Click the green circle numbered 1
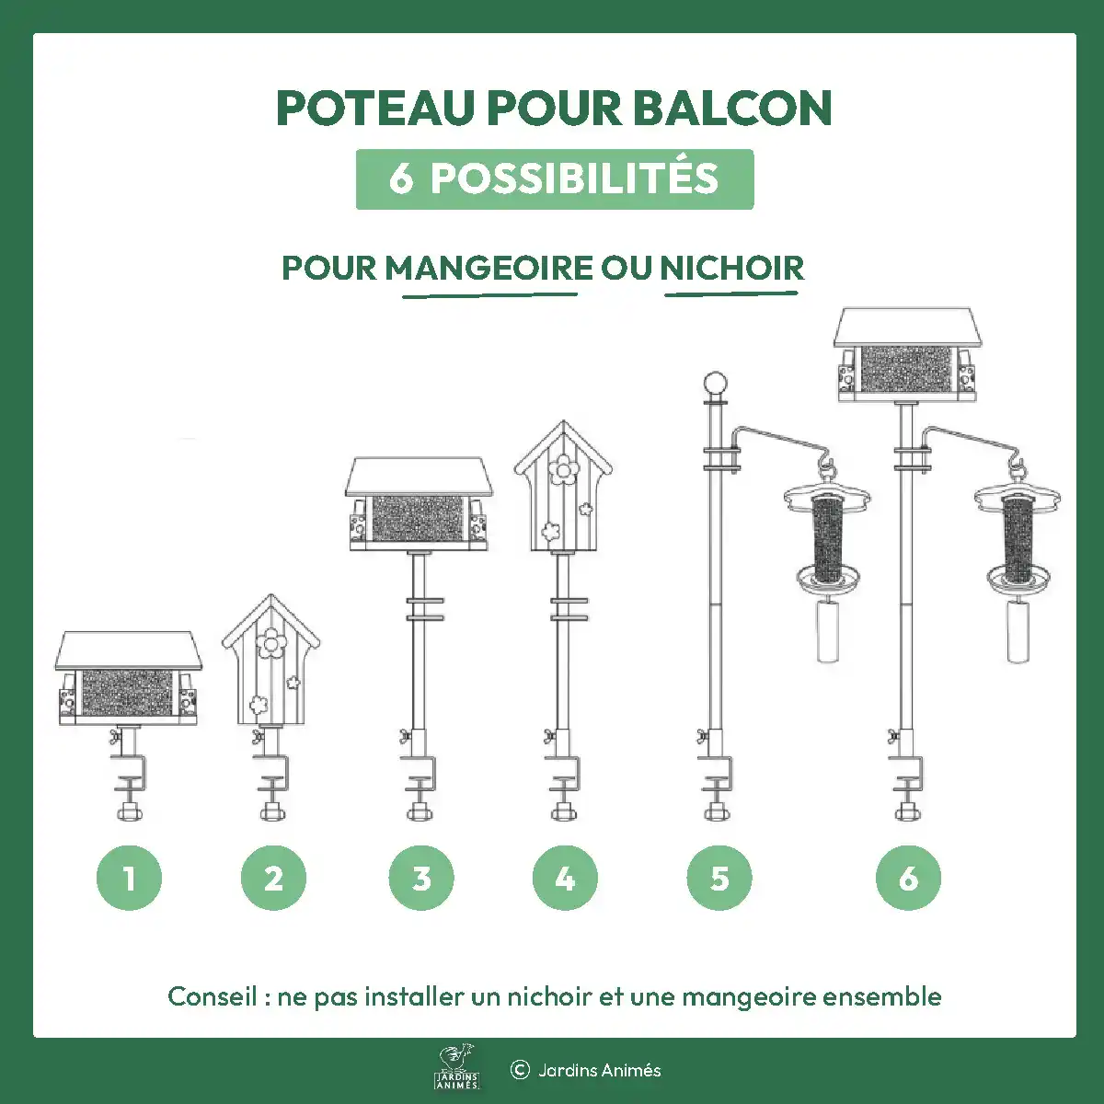click(x=129, y=878)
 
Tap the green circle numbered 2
click(x=273, y=878)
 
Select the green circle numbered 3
click(x=421, y=878)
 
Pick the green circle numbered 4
click(x=565, y=878)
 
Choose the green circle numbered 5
click(x=719, y=878)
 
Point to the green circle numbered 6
click(x=908, y=878)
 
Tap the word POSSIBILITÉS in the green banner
click(x=574, y=178)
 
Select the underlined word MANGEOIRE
click(x=489, y=268)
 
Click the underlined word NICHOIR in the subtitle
click(x=731, y=268)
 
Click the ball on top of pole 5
click(x=715, y=384)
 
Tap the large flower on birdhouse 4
click(x=564, y=469)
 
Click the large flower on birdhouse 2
click(x=271, y=643)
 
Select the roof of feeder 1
click(x=129, y=650)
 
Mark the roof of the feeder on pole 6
click(x=907, y=328)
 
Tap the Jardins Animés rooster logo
click(x=457, y=1067)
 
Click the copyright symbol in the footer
click(x=520, y=1070)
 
